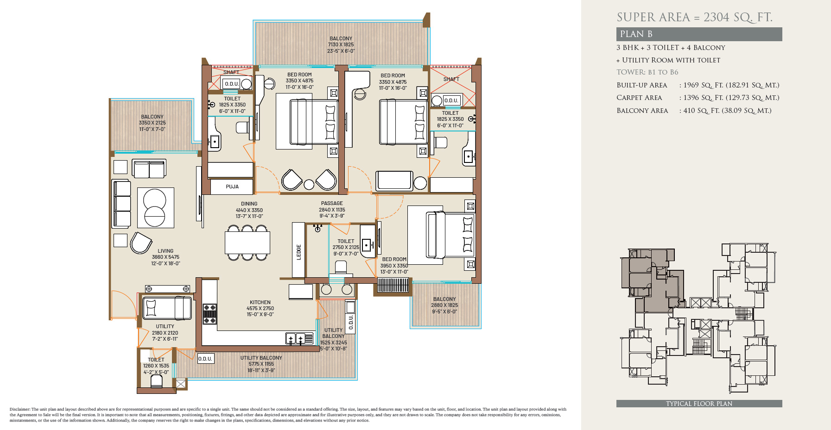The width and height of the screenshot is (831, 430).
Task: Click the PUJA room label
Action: pos(232,187)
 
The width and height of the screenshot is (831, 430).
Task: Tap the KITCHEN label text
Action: pos(260,302)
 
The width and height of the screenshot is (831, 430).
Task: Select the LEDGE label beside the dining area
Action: pos(299,252)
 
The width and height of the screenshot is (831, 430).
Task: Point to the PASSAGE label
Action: pos(332,203)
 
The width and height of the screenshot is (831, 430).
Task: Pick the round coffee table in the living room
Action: pos(155,208)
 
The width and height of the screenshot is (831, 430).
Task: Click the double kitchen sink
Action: pos(295,339)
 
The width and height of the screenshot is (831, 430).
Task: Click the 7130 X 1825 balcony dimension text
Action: pos(341,45)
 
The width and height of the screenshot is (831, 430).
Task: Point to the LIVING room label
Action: pos(165,251)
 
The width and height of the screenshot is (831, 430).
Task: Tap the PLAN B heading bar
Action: pos(699,34)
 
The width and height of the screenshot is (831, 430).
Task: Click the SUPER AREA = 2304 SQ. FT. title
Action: pos(694,18)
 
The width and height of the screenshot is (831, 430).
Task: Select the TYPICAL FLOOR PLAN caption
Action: pos(699,404)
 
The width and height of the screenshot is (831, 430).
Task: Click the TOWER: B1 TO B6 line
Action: pos(647,72)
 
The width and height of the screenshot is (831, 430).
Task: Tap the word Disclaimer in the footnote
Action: pos(19,409)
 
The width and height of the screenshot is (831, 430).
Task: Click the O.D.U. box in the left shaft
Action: pos(231,84)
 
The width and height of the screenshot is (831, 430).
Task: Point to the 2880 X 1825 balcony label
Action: pos(444,305)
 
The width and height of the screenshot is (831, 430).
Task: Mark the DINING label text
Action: pos(249,204)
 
